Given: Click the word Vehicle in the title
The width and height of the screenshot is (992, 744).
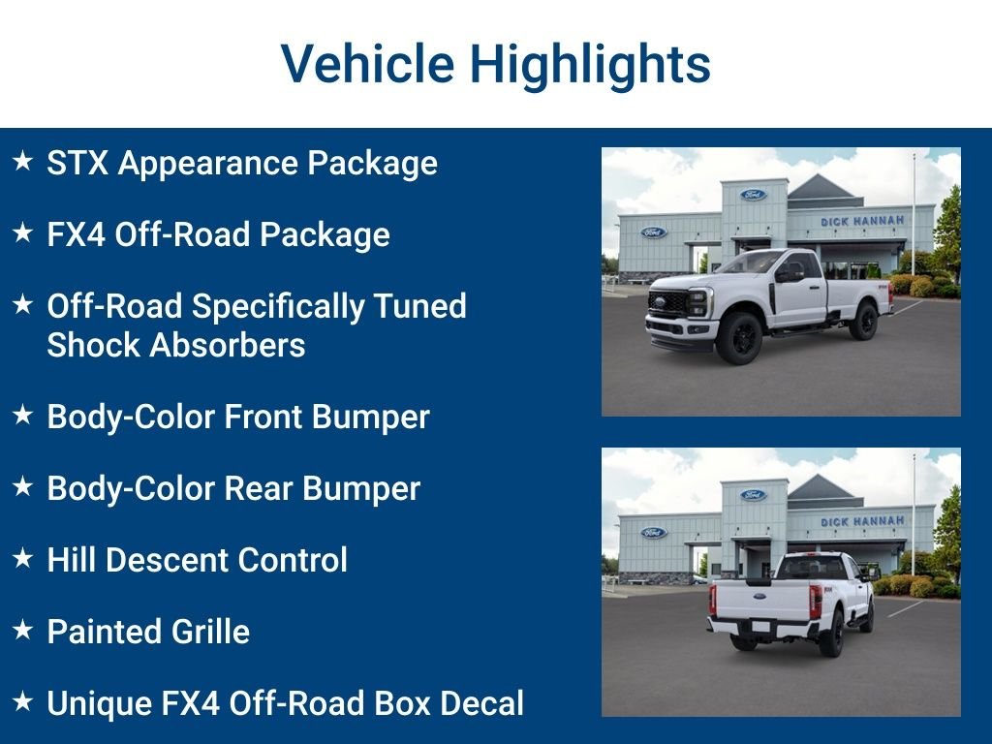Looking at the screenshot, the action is click(367, 63).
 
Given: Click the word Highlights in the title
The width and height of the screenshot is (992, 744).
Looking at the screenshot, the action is click(590, 65).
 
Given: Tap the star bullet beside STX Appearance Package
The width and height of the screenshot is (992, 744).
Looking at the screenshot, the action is click(23, 161).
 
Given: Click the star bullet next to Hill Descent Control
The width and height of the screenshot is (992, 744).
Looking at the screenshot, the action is click(23, 557).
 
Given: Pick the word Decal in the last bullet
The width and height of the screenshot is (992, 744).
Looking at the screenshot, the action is click(481, 703).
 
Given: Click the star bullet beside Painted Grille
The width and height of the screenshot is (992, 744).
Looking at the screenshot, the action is click(23, 629).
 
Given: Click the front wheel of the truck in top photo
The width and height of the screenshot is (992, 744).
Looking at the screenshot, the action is click(739, 337).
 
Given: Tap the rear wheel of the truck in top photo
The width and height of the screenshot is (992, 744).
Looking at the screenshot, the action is click(864, 321).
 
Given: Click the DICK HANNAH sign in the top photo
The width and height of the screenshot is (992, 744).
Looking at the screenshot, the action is click(861, 221).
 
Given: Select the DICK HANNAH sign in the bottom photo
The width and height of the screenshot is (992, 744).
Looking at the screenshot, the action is click(861, 521).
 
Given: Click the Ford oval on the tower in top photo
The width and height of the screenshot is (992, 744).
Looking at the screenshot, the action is click(753, 194).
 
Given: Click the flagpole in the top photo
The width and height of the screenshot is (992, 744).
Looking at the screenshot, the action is click(913, 214).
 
